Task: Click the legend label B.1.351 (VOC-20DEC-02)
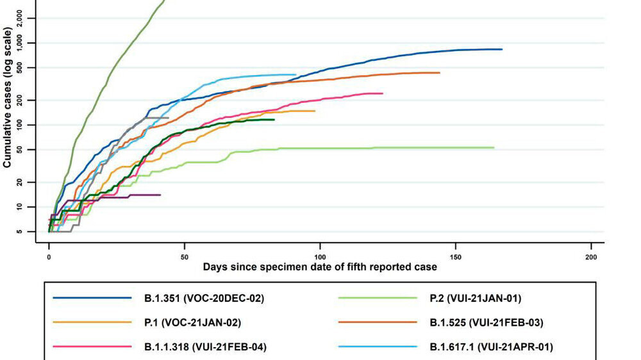tap(204, 299)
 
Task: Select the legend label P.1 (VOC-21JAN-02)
tap(192, 323)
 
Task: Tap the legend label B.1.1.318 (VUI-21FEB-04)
tap(205, 347)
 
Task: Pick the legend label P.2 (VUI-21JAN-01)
tap(476, 299)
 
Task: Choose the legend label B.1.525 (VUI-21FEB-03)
tap(487, 323)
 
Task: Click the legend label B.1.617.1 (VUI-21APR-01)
tap(492, 347)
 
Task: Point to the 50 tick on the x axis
tap(185, 258)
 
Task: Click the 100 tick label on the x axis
tap(320, 258)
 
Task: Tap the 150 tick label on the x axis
tap(455, 258)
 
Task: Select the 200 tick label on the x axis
tap(591, 258)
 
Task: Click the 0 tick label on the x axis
tap(49, 258)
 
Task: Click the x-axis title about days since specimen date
tap(320, 267)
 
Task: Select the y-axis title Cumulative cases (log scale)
tap(7, 97)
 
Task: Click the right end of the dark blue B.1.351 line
tap(502, 49)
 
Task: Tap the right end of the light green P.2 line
tap(494, 147)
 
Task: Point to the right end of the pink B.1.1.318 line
tap(383, 94)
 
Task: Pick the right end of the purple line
tap(160, 195)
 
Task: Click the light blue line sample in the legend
tap(378, 347)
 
